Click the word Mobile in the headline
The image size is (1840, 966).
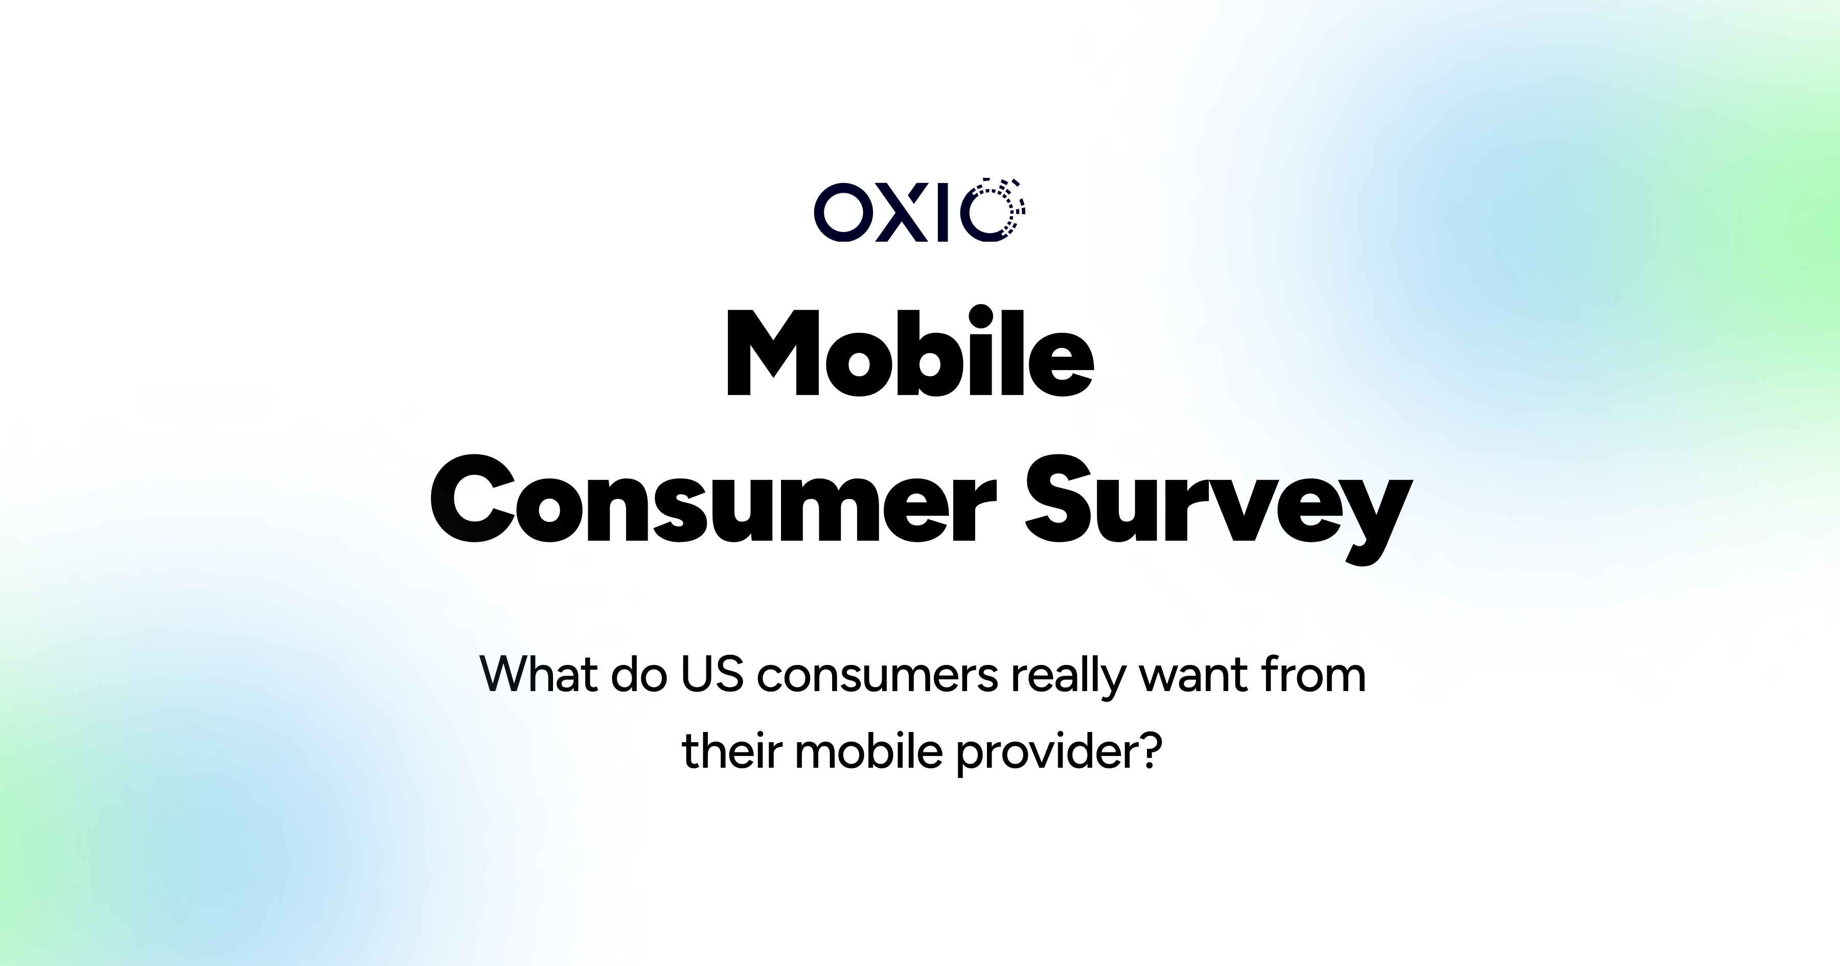click(x=910, y=354)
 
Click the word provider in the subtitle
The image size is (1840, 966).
click(x=1044, y=752)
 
